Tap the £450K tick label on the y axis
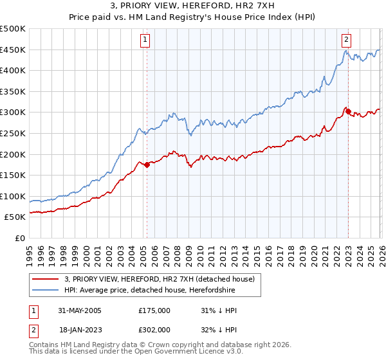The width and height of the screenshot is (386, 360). (x=13, y=50)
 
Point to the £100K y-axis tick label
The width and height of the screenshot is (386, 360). (x=13, y=196)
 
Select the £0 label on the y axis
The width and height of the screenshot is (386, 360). (x=21, y=238)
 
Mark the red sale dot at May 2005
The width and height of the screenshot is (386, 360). (x=147, y=165)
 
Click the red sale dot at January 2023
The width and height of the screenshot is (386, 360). (x=348, y=111)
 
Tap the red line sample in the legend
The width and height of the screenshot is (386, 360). (x=46, y=279)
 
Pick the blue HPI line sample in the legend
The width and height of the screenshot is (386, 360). (x=46, y=291)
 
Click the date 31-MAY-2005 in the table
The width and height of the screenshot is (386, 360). (x=82, y=310)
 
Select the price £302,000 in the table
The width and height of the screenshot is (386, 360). (x=154, y=329)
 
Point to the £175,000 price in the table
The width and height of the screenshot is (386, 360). (x=154, y=310)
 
